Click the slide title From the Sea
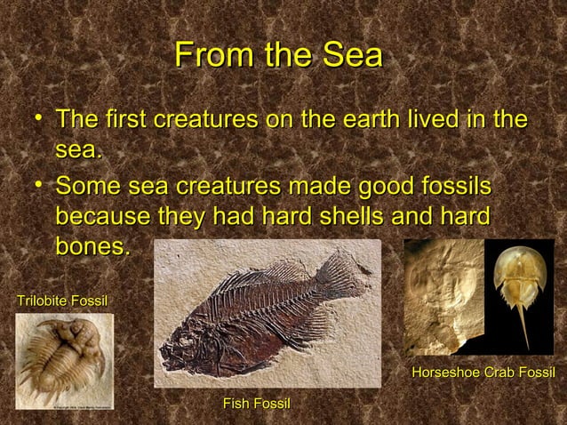pos(278,55)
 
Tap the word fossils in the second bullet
pos(448,188)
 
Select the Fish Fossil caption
pos(257,405)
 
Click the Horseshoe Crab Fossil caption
pos(483,371)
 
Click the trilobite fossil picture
pos(62,365)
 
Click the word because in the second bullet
pos(97,217)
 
